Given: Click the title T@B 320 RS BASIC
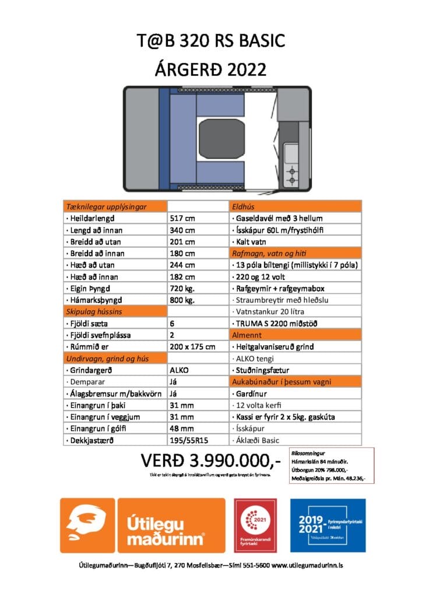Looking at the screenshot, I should pos(211,41).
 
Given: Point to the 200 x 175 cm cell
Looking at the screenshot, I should pos(192,347).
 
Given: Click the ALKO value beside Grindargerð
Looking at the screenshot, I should pos(179,370).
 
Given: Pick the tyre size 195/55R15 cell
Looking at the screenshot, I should pos(189,440).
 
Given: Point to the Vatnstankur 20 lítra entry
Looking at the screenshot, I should pos(268,312).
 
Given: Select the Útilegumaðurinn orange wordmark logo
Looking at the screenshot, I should pos(171,525).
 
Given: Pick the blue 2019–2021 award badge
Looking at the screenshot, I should pos(328,525).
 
